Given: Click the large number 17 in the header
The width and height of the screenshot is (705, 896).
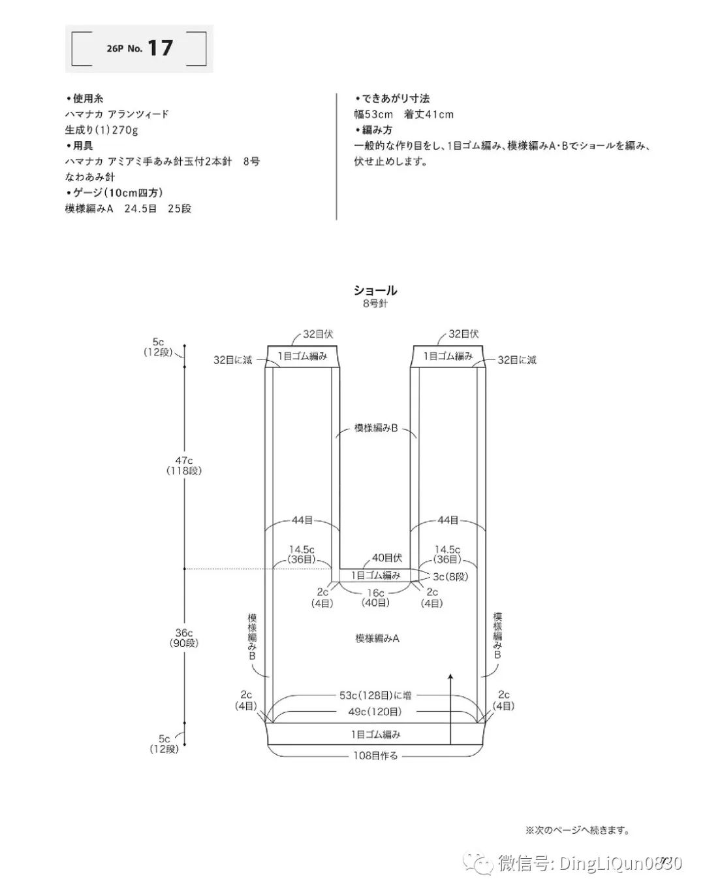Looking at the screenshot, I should [160, 48].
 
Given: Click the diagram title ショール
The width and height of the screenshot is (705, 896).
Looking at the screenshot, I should [375, 290].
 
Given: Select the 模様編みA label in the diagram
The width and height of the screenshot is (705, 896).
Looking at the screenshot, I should [377, 638].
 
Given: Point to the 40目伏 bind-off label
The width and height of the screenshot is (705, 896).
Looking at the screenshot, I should [387, 558].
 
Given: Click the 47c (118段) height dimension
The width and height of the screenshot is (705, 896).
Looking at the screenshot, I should [184, 465].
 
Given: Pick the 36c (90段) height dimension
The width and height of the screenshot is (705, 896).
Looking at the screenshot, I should [184, 637].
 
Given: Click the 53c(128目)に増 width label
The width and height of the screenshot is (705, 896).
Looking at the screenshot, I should [375, 695].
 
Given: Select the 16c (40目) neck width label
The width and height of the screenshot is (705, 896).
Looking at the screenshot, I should [375, 597].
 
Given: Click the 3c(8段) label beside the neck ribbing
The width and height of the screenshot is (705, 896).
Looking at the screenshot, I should [450, 576].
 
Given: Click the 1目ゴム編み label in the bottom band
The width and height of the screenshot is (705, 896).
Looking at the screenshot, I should [376, 734].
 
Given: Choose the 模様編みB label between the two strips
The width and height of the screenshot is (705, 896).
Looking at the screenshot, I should [376, 428].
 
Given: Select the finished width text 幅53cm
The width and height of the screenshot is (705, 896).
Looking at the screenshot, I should [373, 114].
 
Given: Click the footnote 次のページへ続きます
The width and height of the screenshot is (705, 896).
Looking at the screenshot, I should [577, 831].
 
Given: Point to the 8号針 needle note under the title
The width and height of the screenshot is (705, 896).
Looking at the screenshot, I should [375, 303].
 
